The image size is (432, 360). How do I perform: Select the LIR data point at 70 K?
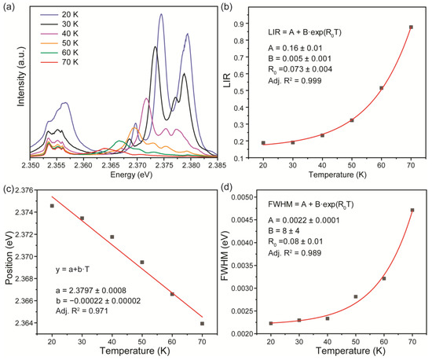coord(411,28)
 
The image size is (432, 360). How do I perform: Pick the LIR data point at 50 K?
coord(351,120)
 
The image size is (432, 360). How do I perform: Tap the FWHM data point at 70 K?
coord(412,210)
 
